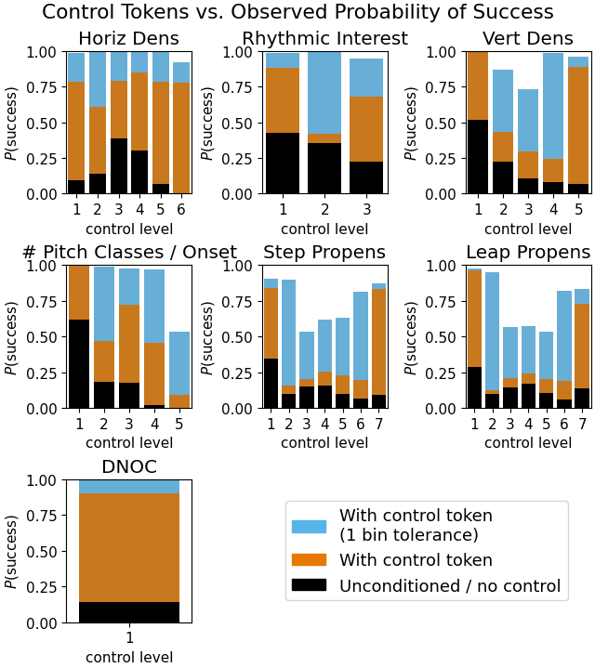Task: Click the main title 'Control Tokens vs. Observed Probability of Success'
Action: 297,12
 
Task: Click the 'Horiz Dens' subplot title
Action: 128,39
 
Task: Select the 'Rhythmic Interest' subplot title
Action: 324,39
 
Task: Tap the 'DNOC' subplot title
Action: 129,467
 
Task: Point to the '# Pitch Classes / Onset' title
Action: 128,253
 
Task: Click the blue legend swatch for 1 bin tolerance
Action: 309,526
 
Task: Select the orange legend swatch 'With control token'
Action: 309,559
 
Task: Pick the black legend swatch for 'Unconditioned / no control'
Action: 309,585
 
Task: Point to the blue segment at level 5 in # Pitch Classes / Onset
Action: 179,363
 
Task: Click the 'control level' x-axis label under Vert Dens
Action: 527,229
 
